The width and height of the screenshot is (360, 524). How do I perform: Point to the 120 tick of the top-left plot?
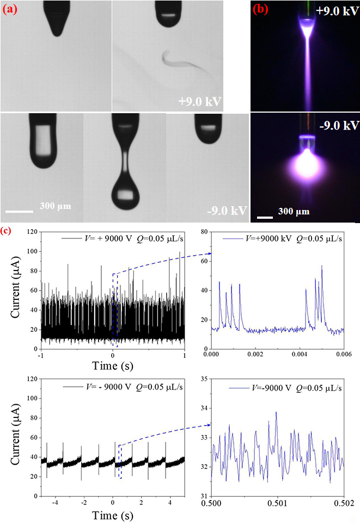coord(33,232)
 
